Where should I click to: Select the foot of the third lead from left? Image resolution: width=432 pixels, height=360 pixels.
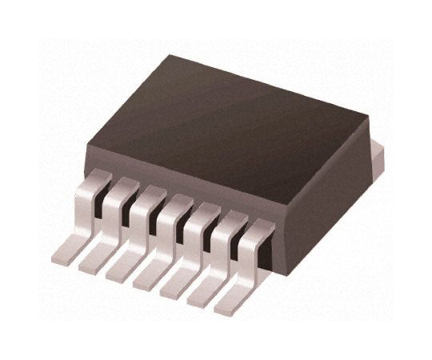click(120, 270)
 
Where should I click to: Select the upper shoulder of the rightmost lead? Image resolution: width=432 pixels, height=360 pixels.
click(257, 228)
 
